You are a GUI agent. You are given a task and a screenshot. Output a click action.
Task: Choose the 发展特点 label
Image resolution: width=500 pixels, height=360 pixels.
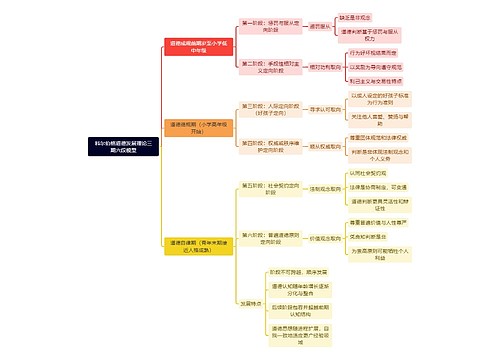click(250, 303)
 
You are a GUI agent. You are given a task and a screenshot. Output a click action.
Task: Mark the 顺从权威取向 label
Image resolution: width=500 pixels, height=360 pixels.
click(323, 146)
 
